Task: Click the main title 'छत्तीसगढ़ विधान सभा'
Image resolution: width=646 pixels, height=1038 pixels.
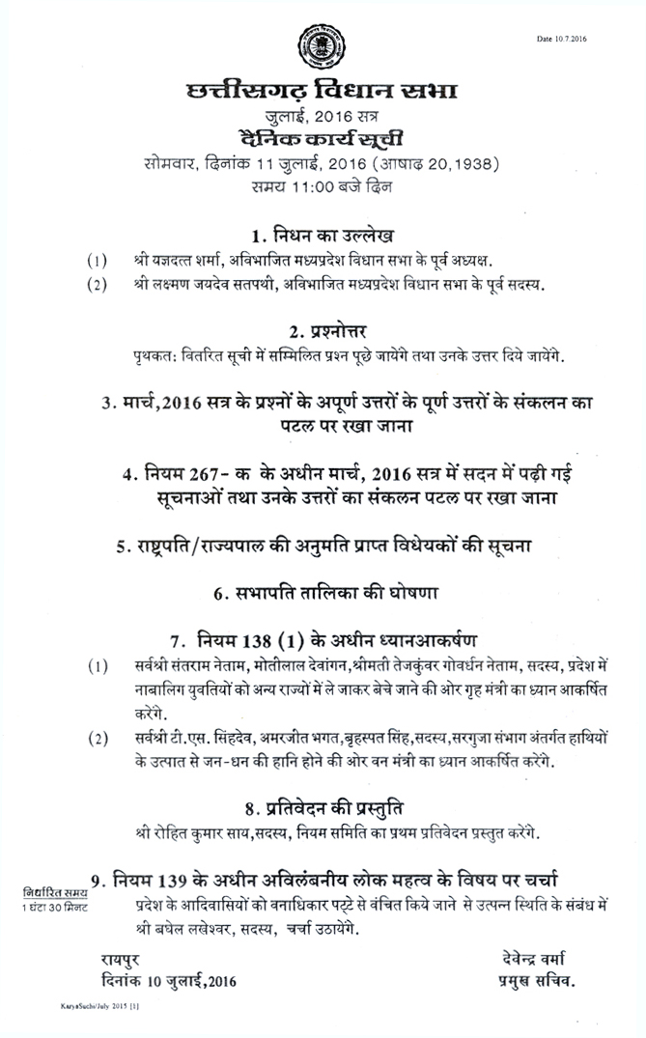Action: pyautogui.click(x=322, y=94)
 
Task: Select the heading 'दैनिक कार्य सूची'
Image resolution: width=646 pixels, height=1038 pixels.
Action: pyautogui.click(x=322, y=138)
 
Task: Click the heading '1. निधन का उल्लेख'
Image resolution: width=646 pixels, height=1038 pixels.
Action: pyautogui.click(x=322, y=237)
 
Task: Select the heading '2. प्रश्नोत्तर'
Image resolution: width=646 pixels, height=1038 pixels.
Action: pyautogui.click(x=322, y=328)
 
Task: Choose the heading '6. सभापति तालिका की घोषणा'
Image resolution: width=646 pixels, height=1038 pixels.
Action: pyautogui.click(x=322, y=594)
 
